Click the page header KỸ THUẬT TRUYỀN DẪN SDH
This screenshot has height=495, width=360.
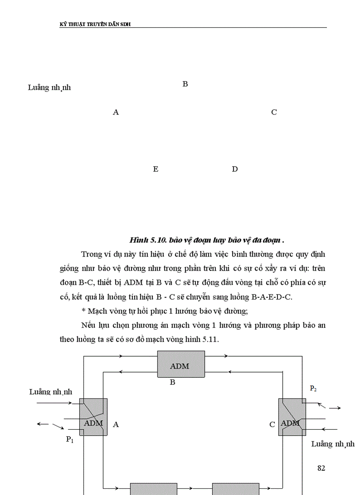[95, 24]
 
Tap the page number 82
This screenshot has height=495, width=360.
[321, 468]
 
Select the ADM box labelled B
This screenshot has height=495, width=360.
[181, 365]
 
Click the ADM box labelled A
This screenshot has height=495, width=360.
[94, 417]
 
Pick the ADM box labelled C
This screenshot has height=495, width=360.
[291, 417]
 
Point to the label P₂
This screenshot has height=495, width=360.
[313, 388]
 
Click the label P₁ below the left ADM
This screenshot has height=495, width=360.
[70, 439]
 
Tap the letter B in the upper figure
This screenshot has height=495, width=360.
[185, 84]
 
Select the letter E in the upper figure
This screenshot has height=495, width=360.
[155, 169]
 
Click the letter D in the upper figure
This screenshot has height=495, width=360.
[235, 169]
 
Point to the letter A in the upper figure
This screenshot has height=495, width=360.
[116, 112]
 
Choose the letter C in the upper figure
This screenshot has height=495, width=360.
[274, 112]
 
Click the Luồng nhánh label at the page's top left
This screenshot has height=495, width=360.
[49, 87]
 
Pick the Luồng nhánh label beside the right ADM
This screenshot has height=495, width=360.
[333, 444]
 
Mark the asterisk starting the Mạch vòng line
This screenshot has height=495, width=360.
[83, 311]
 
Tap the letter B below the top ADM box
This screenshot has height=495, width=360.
[172, 382]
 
